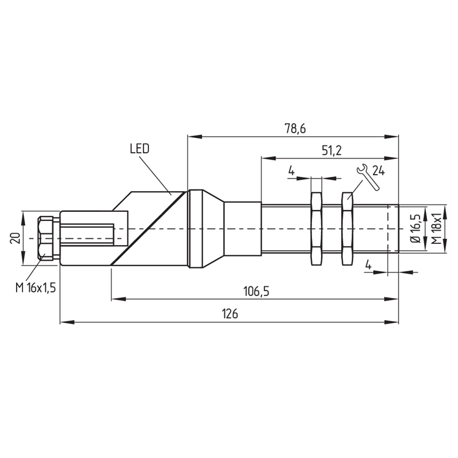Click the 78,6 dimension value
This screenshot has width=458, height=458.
point(295,128)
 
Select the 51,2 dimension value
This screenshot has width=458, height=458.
point(331,151)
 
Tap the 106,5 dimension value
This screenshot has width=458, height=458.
point(256,291)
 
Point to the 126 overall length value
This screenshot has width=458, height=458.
point(230,314)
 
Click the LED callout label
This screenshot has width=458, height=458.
point(140,149)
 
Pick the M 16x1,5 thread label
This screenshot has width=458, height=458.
point(35,288)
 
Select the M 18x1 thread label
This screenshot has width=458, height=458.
point(436,228)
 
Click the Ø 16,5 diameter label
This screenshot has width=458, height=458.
point(415,228)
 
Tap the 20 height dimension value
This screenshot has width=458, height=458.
point(15,238)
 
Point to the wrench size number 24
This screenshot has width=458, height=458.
point(378,171)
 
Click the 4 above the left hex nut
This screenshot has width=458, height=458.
point(291,170)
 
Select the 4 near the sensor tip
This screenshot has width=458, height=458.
point(369,265)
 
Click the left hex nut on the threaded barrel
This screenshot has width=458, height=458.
point(317,228)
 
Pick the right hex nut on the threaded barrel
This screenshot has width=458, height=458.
point(348,228)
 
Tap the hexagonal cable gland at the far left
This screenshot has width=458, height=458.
point(46,238)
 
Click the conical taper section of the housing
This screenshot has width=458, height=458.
point(213,228)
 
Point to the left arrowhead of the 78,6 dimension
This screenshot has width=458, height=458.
point(195,136)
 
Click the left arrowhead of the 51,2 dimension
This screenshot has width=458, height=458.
point(269,159)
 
